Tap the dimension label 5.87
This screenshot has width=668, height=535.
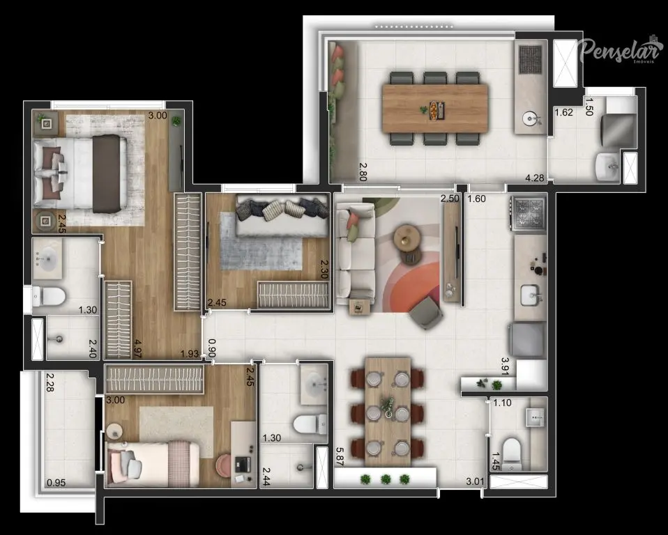(x=340, y=456)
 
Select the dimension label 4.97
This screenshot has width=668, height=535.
(x=137, y=348)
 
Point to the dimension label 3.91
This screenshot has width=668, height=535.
(x=506, y=366)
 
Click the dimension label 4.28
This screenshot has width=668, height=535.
(x=535, y=178)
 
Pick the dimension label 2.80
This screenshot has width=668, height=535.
(x=363, y=172)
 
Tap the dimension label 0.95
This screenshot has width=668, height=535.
(x=56, y=483)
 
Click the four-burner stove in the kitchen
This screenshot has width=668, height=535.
(x=529, y=212)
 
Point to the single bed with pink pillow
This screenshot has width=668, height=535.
(x=153, y=464)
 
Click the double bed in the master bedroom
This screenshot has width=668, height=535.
(x=80, y=174)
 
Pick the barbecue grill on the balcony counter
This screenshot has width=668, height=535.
(x=531, y=60)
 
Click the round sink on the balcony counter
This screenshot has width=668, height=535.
(x=531, y=118)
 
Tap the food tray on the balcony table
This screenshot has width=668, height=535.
(x=437, y=109)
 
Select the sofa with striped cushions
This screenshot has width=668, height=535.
(x=282, y=215)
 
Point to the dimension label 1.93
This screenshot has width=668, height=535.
(x=190, y=354)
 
